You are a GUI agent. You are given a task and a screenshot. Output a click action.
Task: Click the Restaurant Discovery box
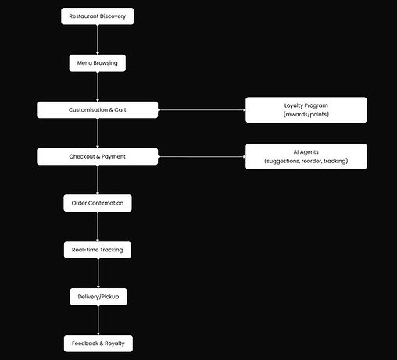coord(98,16)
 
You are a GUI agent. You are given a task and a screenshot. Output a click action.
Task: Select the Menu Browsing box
coord(98,63)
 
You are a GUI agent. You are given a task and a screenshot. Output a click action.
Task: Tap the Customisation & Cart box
coord(98,110)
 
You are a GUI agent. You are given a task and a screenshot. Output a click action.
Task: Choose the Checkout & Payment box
coord(98,156)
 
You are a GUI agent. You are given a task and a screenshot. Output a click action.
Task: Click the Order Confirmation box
coord(98,203)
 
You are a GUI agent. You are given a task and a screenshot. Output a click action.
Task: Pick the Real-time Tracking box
coord(98,250)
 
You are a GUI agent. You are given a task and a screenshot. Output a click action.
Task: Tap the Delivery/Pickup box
coord(98,297)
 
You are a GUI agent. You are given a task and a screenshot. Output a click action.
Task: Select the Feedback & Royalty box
coord(98,344)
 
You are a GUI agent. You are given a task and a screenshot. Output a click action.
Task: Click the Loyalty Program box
coord(306,110)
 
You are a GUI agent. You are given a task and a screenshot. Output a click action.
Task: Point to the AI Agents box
coord(306,156)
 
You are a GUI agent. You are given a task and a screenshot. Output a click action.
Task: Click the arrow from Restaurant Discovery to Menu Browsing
coord(98,40)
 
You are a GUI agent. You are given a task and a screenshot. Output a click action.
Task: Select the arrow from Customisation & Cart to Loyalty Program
coord(202,110)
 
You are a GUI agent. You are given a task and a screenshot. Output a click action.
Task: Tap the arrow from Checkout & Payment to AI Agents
coord(202,157)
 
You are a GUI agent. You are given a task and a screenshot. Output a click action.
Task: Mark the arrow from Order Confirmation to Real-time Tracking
coord(98,226)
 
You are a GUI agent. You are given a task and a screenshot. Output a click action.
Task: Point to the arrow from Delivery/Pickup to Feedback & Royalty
coord(98,320)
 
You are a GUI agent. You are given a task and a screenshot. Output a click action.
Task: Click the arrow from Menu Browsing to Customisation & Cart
coord(98,87)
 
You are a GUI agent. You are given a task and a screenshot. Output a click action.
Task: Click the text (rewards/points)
coord(306,114)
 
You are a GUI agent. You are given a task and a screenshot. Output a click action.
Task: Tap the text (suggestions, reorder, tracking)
coord(306,161)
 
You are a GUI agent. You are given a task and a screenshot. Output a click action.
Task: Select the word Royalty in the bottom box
coord(115,344)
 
